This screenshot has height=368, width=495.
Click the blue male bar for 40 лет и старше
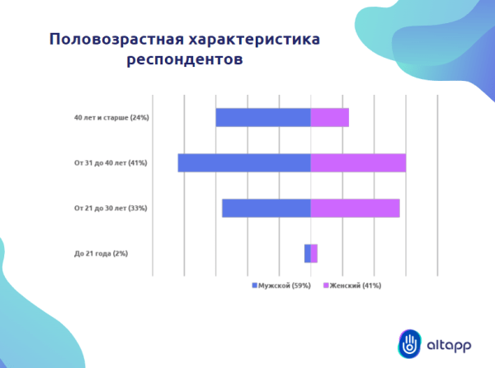(262, 117)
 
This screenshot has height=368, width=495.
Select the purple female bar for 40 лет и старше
(329, 117)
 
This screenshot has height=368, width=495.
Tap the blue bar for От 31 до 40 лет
(243, 163)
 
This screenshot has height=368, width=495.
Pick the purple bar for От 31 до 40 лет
(358, 163)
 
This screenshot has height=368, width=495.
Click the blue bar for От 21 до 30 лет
(266, 208)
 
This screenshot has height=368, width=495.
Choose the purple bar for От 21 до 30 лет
(355, 208)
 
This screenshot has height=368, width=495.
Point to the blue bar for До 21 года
(307, 253)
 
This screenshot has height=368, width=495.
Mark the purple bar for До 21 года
(314, 253)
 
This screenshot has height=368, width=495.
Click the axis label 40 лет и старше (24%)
(111, 117)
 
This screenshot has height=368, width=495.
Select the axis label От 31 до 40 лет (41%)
(110, 163)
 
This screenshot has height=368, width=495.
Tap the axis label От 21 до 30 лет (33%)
(110, 208)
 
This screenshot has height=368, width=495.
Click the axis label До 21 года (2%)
(101, 253)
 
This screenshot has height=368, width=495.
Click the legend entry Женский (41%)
(356, 285)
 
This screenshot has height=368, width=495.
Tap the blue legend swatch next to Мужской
(255, 285)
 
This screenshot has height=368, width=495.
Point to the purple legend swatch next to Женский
(326, 285)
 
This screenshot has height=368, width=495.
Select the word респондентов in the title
(186, 60)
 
